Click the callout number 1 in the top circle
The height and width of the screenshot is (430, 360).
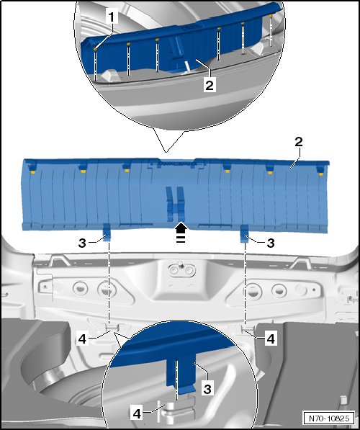pos(112,17)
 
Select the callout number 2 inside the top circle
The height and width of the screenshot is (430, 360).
pos(210,85)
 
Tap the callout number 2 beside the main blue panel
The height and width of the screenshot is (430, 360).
pos(299,141)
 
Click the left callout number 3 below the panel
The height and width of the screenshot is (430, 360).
pos(82,243)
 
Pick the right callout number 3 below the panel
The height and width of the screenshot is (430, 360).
pos(270,243)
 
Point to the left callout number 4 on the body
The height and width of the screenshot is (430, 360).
pos(82,339)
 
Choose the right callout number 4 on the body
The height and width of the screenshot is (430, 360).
pos(270,339)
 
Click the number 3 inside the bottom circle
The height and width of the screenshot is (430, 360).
pos(207,389)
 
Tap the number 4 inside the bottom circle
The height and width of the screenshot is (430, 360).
pos(137,413)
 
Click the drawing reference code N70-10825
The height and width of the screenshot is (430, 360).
pos(329,418)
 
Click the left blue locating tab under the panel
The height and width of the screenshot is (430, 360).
pos(107,233)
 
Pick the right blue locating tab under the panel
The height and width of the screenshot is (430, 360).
pos(244,233)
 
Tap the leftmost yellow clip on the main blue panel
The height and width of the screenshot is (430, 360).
pos(32,172)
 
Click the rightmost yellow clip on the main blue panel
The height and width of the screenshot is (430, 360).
pos(321,174)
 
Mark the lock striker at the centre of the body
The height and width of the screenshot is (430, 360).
pos(181,269)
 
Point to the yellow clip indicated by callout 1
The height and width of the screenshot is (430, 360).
pos(95,49)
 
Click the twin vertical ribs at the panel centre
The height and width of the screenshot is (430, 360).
pos(176,204)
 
